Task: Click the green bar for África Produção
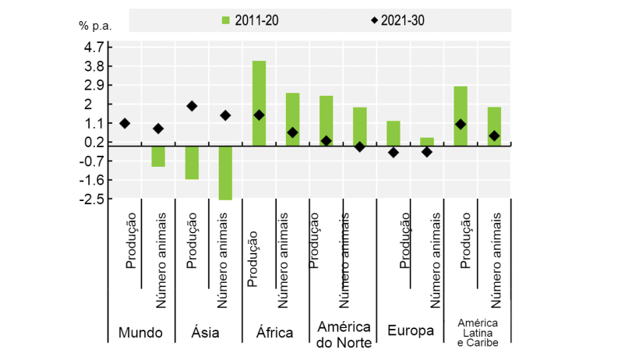(259, 102)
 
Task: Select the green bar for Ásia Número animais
(225, 172)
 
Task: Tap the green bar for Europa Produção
(394, 132)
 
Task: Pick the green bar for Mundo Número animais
(158, 156)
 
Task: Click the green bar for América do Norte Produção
(326, 120)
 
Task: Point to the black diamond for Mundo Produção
(125, 123)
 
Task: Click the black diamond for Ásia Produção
(192, 106)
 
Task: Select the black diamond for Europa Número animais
(426, 152)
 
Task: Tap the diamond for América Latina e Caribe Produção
(461, 124)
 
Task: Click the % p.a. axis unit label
(95, 25)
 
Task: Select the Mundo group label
(140, 333)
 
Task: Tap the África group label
(274, 333)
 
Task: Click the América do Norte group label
(343, 333)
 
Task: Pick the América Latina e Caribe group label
(477, 333)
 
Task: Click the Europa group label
(410, 330)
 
